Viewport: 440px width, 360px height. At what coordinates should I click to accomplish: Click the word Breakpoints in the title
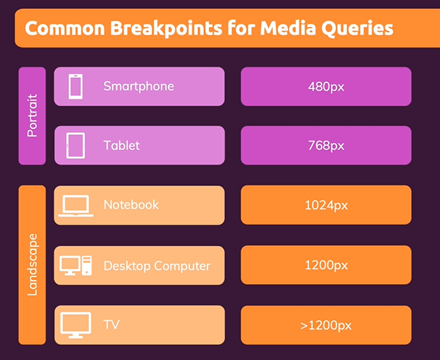pos(166,29)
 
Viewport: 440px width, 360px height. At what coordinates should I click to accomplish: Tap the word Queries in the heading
pos(357,29)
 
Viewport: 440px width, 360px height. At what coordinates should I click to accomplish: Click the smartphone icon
pos(76,87)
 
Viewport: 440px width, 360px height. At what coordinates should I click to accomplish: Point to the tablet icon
pos(76,146)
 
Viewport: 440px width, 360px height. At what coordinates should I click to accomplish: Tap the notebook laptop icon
pos(76,206)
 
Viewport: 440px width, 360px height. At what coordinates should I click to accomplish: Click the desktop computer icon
pos(76,266)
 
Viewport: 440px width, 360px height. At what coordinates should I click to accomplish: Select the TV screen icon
pos(76,325)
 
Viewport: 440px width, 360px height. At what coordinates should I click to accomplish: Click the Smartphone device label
pos(138,87)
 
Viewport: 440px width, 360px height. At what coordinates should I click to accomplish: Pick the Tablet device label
pos(121,145)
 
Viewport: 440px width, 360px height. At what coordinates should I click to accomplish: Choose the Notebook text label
pos(131,204)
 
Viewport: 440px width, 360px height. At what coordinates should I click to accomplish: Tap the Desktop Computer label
pos(157,266)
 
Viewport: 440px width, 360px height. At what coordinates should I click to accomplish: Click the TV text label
pos(111,324)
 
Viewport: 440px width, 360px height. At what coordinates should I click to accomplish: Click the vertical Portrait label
pos(32,115)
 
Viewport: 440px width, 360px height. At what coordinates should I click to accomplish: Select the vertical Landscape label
pos(32,265)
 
